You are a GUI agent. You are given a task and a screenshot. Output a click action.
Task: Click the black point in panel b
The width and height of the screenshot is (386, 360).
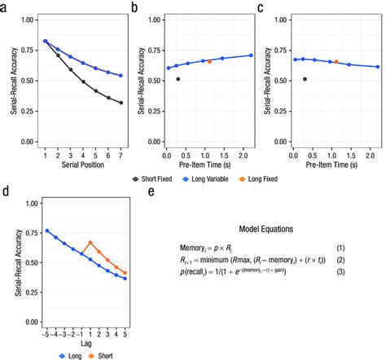pyautogui.click(x=178, y=79)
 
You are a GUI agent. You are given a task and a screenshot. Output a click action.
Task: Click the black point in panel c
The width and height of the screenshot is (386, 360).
pyautogui.click(x=305, y=79)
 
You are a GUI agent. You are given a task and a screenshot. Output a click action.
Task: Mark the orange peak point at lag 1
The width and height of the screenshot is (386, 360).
pyautogui.click(x=90, y=243)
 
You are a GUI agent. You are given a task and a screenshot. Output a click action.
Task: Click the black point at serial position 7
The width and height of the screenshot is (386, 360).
pyautogui.click(x=121, y=103)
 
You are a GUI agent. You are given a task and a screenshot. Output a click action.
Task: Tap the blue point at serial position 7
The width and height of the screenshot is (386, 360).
pyautogui.click(x=121, y=76)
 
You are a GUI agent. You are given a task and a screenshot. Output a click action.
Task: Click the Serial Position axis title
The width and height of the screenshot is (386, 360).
pyautogui.click(x=83, y=165)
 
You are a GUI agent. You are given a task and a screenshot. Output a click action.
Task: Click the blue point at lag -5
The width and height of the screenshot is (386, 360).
pyautogui.click(x=47, y=230)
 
